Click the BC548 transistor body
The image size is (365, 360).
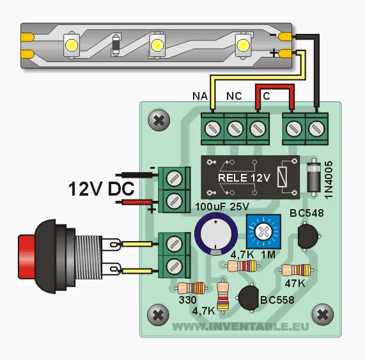(309, 237)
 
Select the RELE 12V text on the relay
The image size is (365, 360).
(244, 176)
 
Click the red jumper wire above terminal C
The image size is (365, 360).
(275, 90)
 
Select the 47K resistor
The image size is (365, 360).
(297, 270)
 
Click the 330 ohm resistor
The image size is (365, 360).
(190, 288)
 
